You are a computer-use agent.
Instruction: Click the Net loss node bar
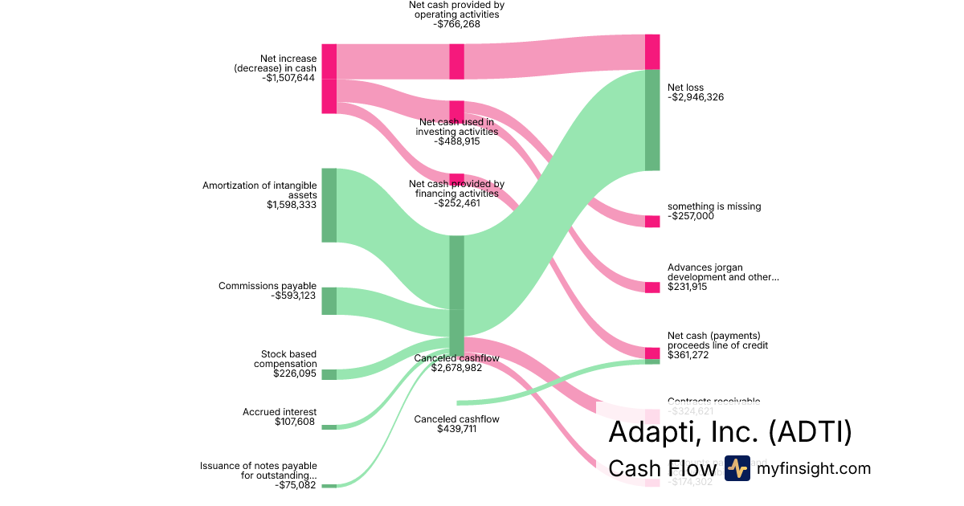click(x=652, y=120)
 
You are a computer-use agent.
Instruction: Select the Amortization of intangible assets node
click(x=329, y=205)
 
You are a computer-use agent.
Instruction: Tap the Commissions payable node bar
click(x=329, y=301)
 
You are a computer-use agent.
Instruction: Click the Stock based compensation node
click(x=329, y=374)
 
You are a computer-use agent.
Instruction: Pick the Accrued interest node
click(x=329, y=426)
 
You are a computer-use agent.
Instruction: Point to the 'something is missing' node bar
click(x=652, y=222)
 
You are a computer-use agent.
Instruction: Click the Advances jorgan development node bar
click(x=652, y=287)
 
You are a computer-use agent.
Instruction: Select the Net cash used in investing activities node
click(x=456, y=110)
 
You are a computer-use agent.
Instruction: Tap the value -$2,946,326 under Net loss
click(x=696, y=97)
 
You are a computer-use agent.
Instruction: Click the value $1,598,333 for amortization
click(x=292, y=205)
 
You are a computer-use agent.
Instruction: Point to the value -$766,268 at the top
click(x=456, y=24)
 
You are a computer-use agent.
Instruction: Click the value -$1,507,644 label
click(x=288, y=78)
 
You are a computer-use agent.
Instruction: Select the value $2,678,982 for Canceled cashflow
click(x=456, y=368)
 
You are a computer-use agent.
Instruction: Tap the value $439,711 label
click(x=456, y=429)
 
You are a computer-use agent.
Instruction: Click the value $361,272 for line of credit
click(x=688, y=355)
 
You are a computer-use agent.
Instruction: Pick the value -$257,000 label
click(x=691, y=216)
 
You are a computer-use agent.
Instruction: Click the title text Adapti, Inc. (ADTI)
click(x=729, y=432)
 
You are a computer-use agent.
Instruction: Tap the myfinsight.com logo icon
click(x=737, y=468)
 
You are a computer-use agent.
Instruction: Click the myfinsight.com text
click(x=814, y=468)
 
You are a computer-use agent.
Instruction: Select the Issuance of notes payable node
click(x=329, y=486)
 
